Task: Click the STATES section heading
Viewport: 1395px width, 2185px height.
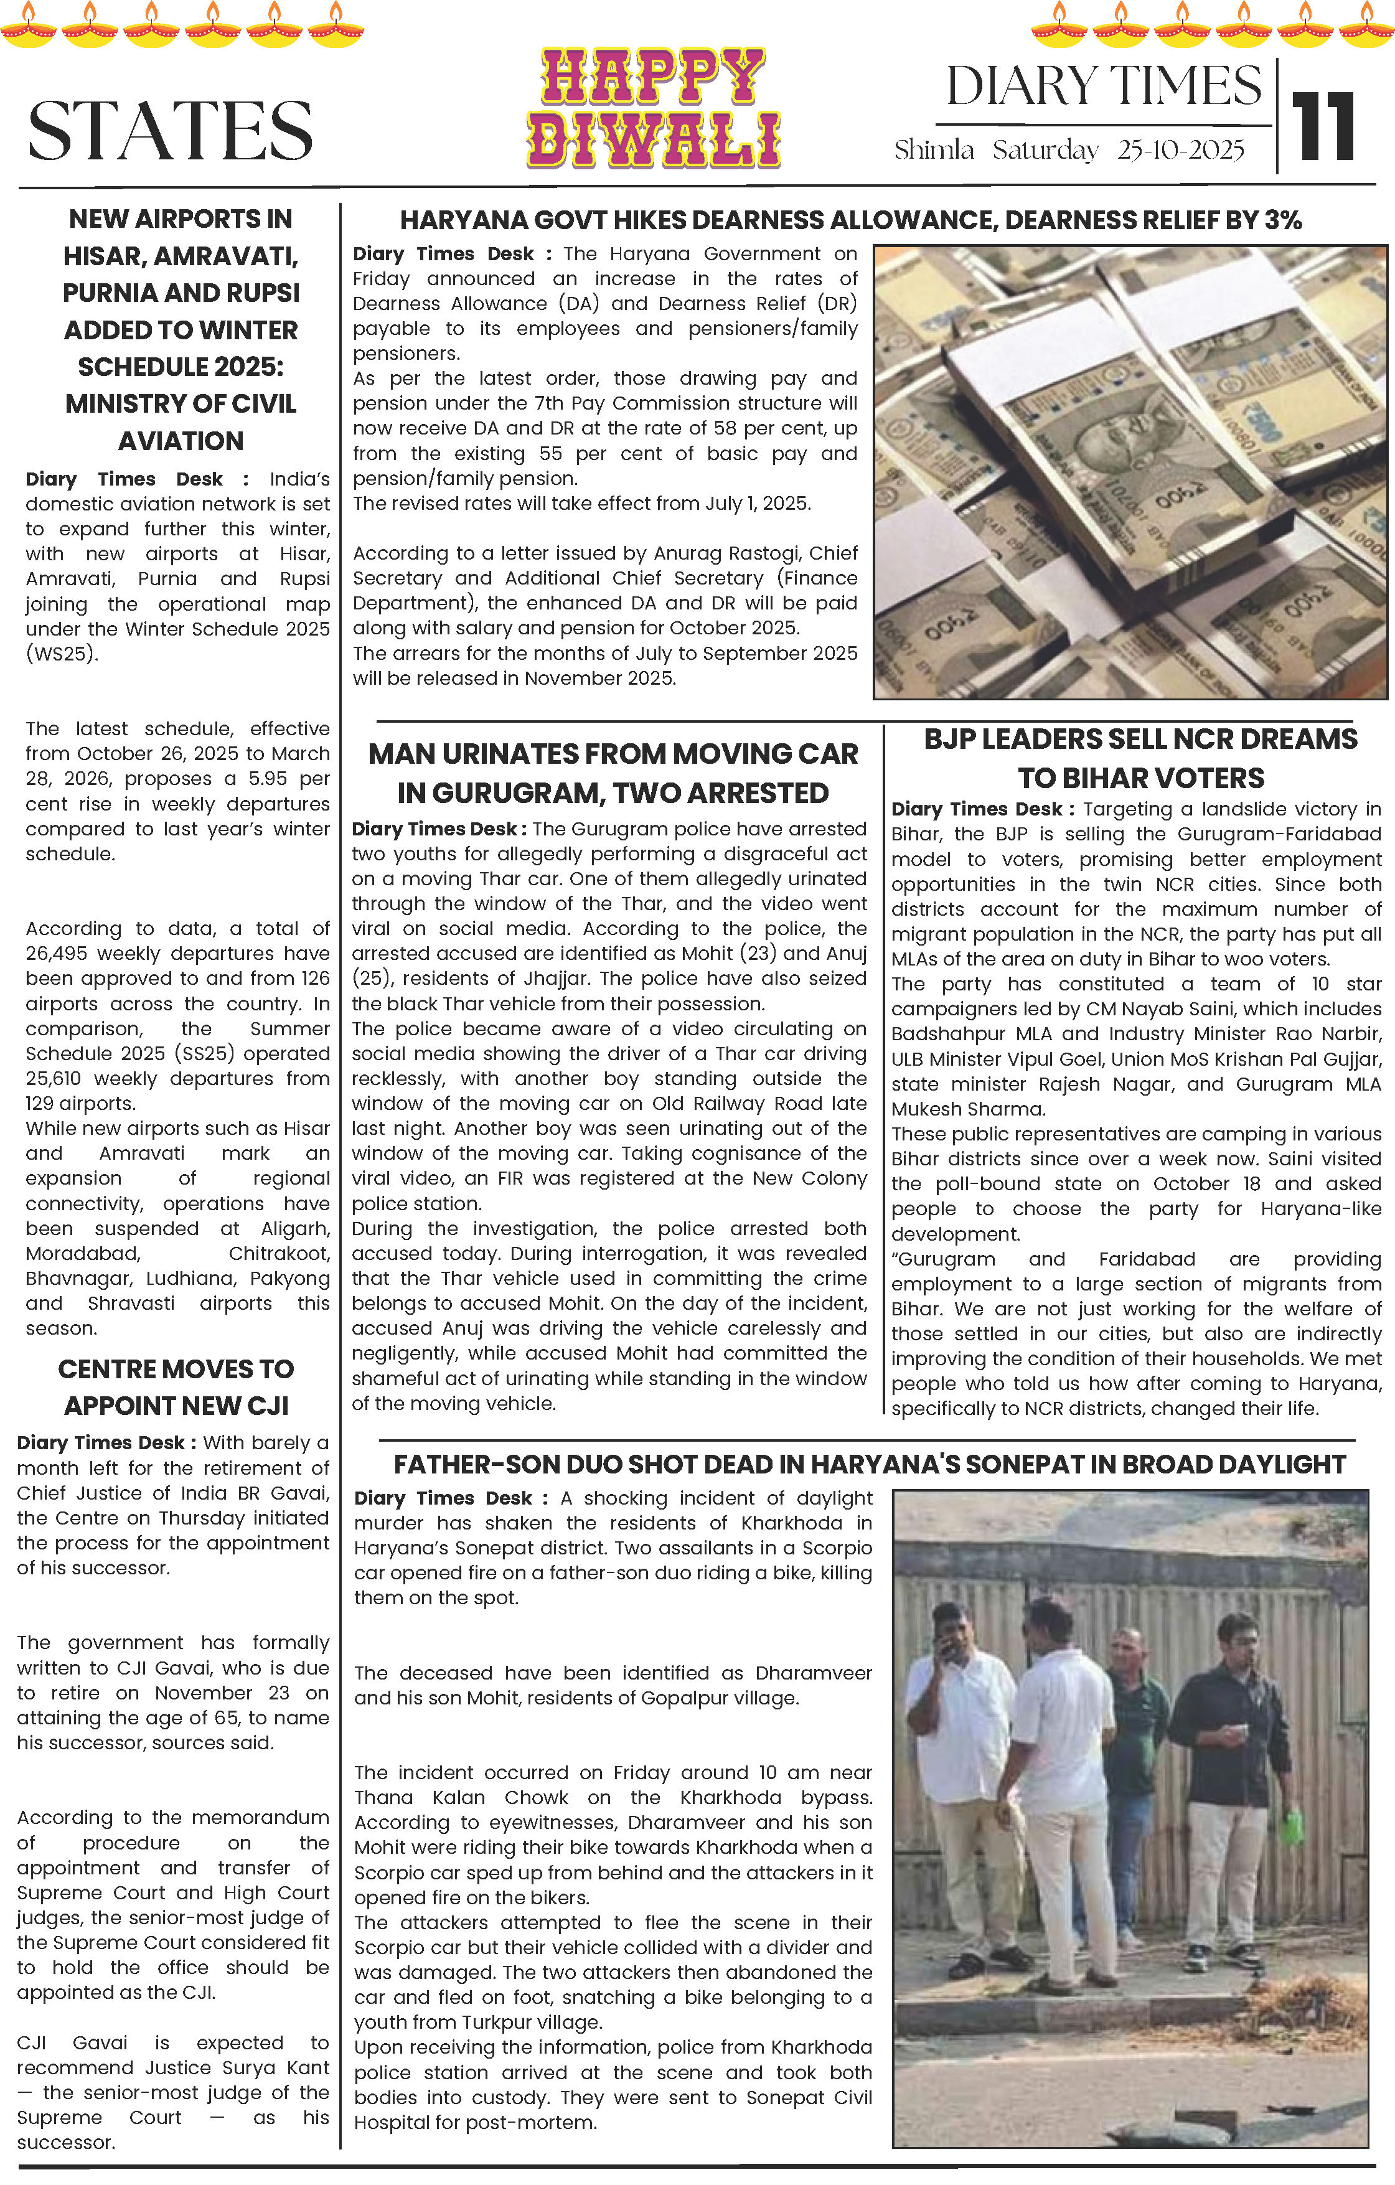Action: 171,131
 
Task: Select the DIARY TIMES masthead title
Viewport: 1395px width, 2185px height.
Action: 1104,86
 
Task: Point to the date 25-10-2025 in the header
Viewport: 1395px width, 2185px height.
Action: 1180,150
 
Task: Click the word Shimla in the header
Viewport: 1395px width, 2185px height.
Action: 934,150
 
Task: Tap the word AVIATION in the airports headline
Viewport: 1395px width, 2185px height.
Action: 181,441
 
